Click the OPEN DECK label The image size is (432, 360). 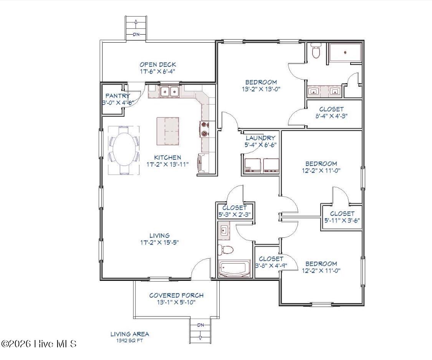(x=158, y=65)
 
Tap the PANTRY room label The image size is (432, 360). (x=118, y=96)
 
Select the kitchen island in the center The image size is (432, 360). (x=168, y=131)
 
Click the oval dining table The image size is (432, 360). (x=124, y=150)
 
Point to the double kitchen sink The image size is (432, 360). (x=169, y=91)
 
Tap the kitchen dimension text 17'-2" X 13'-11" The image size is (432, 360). (x=167, y=164)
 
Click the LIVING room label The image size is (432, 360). (x=160, y=236)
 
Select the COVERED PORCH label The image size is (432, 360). (x=176, y=295)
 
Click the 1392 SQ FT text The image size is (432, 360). (x=130, y=340)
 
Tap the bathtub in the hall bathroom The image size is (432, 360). (x=234, y=269)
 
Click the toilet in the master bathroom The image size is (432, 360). (x=316, y=52)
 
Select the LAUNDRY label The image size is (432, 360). (x=261, y=138)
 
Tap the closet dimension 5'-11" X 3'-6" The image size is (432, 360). (x=342, y=221)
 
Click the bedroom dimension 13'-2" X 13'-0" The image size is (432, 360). (x=261, y=89)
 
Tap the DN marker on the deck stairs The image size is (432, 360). (x=136, y=35)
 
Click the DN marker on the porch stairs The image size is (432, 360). (x=200, y=325)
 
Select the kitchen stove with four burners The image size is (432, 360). (x=204, y=129)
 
